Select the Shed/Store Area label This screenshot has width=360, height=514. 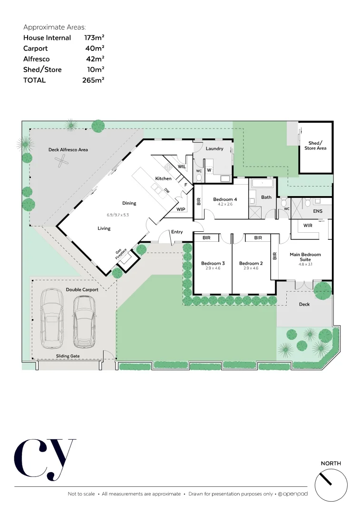click(315, 146)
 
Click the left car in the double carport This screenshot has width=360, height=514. click(52, 318)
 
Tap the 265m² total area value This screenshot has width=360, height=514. click(93, 80)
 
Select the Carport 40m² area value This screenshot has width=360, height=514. click(93, 48)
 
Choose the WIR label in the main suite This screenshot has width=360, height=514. click(308, 226)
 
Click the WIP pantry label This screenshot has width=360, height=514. click(181, 209)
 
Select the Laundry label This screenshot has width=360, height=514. click(214, 148)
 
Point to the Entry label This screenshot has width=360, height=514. click(177, 232)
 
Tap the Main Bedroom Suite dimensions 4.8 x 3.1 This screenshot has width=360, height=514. click(305, 264)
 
